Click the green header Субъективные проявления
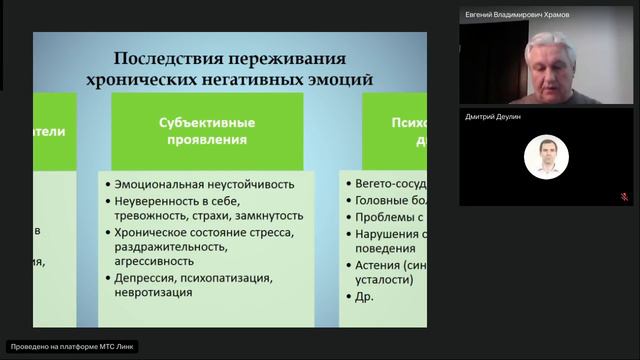point(207,131)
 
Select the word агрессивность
point(156,262)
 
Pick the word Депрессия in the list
point(148,278)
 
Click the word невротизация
point(157,294)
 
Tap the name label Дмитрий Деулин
point(494,116)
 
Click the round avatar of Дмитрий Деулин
point(546,156)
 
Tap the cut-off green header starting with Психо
point(394,131)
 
